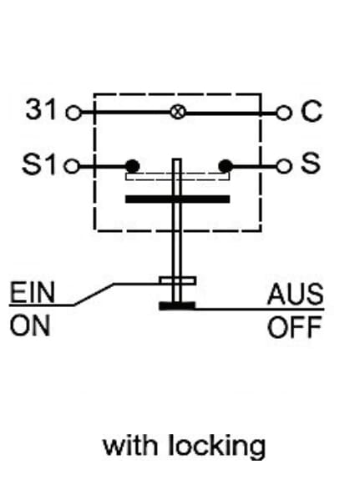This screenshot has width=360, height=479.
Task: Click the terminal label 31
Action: click(x=41, y=108)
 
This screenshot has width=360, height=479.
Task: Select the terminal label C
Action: click(x=311, y=111)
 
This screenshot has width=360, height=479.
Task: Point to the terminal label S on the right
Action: click(x=311, y=163)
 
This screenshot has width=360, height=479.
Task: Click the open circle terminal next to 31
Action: click(x=74, y=113)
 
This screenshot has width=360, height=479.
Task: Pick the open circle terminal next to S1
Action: click(x=72, y=167)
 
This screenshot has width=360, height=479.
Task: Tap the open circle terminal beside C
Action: click(x=283, y=113)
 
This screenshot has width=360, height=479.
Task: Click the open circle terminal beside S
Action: click(x=283, y=167)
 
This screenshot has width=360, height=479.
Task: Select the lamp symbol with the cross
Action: click(x=178, y=112)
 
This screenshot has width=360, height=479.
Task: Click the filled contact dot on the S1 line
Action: click(x=133, y=166)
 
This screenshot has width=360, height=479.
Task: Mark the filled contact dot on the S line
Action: click(x=226, y=166)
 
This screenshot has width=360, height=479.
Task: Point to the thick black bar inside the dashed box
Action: click(x=177, y=199)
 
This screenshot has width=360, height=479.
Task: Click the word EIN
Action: click(x=32, y=292)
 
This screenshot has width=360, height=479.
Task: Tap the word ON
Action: click(x=30, y=326)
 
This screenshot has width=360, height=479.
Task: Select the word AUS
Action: click(x=295, y=295)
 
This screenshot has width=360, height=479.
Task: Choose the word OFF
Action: click(x=295, y=327)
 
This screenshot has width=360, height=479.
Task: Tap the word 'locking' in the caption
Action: click(x=217, y=447)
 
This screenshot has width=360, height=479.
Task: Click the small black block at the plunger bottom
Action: click(x=177, y=305)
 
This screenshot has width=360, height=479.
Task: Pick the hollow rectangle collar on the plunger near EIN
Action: click(x=178, y=280)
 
